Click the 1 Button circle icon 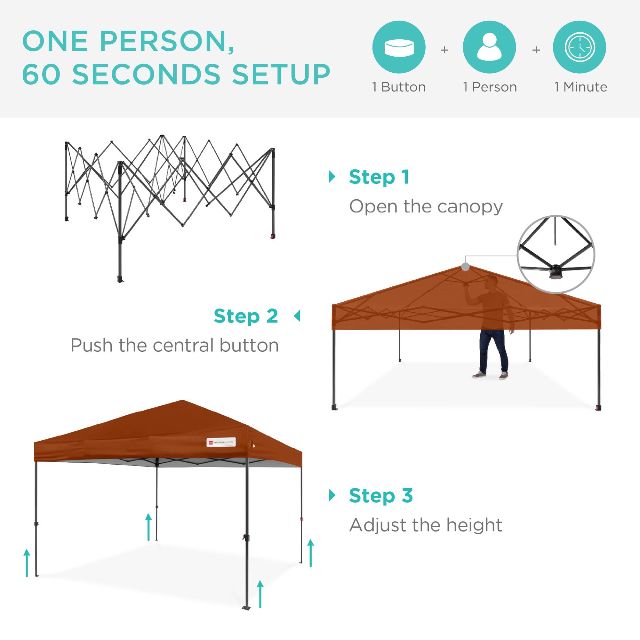point(399,47)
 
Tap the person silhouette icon point(489,47)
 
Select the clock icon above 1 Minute point(580,47)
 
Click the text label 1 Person point(490,87)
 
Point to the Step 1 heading point(379,177)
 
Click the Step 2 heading point(246,316)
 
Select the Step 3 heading point(381,496)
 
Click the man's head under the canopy point(492,282)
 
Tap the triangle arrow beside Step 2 point(297,316)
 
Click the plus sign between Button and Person point(444,50)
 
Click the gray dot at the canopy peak point(465,267)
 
